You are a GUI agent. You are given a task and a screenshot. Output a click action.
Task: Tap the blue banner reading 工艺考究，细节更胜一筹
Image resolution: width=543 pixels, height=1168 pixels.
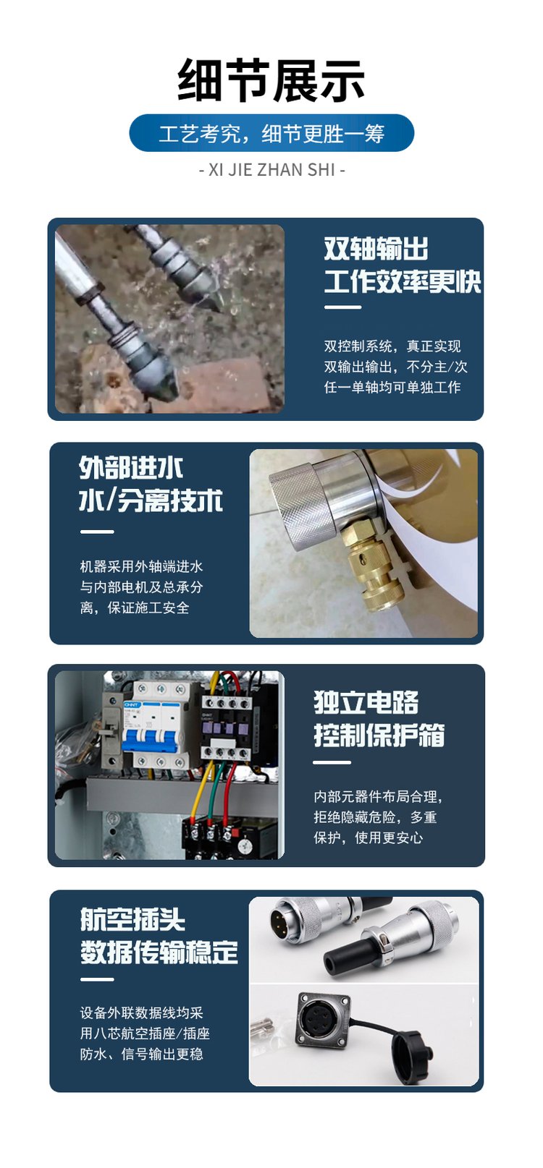pyautogui.click(x=271, y=133)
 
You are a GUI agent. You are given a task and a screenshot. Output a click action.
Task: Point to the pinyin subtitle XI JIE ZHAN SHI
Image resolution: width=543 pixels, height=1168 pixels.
pyautogui.click(x=271, y=170)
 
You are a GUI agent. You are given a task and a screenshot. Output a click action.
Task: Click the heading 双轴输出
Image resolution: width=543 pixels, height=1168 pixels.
pyautogui.click(x=376, y=248)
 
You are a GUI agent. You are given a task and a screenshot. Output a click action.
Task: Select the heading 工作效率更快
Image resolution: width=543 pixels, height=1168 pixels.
pyautogui.click(x=402, y=281)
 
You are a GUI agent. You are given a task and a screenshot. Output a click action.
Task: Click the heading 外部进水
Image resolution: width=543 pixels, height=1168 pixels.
pyautogui.click(x=130, y=468)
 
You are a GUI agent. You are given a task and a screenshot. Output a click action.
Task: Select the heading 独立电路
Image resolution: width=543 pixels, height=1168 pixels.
pyautogui.click(x=366, y=702)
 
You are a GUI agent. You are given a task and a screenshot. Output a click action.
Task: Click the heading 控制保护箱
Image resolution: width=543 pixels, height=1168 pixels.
pyautogui.click(x=379, y=736)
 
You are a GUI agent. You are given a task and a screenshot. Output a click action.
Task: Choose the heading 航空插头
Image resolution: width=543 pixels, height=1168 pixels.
pyautogui.click(x=132, y=918)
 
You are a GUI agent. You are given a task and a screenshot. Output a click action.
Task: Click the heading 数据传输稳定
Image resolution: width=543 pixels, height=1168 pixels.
pyautogui.click(x=159, y=952)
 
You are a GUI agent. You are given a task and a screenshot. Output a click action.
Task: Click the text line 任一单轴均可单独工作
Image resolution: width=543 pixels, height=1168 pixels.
pyautogui.click(x=392, y=388)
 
